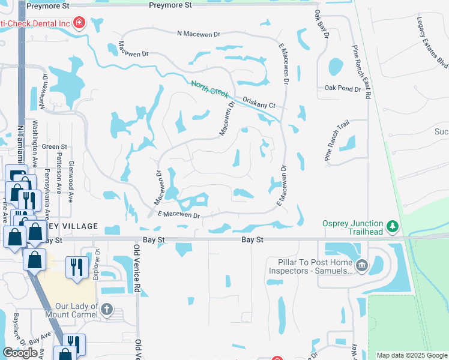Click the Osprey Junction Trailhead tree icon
click(x=393, y=226)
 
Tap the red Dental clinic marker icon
click(x=79, y=23)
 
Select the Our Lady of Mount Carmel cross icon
click(x=106, y=310)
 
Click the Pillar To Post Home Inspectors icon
click(x=361, y=266)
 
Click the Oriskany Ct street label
click(x=259, y=103)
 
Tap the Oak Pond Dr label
click(x=343, y=88)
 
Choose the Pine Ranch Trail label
click(x=337, y=140)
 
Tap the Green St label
click(x=54, y=146)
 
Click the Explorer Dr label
click(x=95, y=265)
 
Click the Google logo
click(x=20, y=353)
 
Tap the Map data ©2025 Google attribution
click(x=412, y=355)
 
